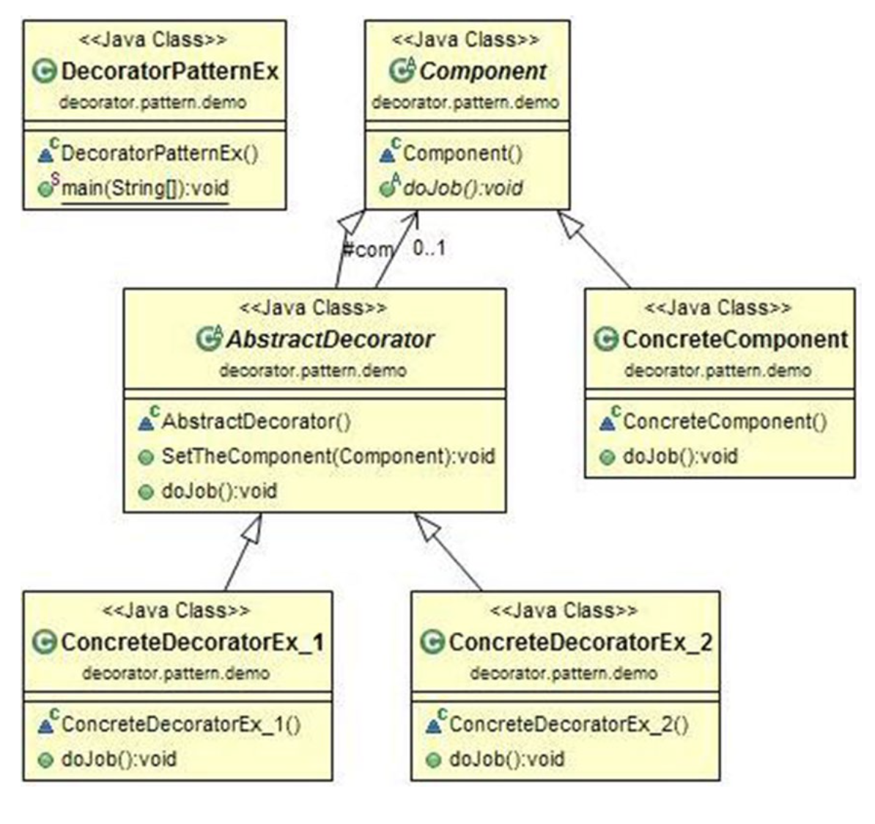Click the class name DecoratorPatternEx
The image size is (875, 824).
pos(169,71)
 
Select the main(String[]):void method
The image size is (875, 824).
pos(144,188)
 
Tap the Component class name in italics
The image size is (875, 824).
pos(482,71)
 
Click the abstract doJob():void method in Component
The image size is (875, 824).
pos(462,188)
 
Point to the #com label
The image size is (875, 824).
pos(368,250)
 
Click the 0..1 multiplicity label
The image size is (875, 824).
pos(429,249)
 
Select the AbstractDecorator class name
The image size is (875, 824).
pos(329,339)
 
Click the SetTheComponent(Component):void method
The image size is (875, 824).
pos(328,456)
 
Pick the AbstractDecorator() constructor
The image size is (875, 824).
pos(255,422)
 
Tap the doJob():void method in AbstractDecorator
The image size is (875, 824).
pos(218,490)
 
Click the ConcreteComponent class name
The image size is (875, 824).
pos(734,339)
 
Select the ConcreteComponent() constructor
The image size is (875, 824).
pos(724,422)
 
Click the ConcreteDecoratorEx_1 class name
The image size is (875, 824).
pos(191,642)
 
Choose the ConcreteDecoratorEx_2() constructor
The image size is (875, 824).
pos(569,724)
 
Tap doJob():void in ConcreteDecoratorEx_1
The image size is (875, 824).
pos(118,759)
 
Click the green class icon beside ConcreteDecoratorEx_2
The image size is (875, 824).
pos(432,643)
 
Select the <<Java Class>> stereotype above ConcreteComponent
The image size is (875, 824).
pos(718,308)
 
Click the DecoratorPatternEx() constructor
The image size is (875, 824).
pos(159,153)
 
